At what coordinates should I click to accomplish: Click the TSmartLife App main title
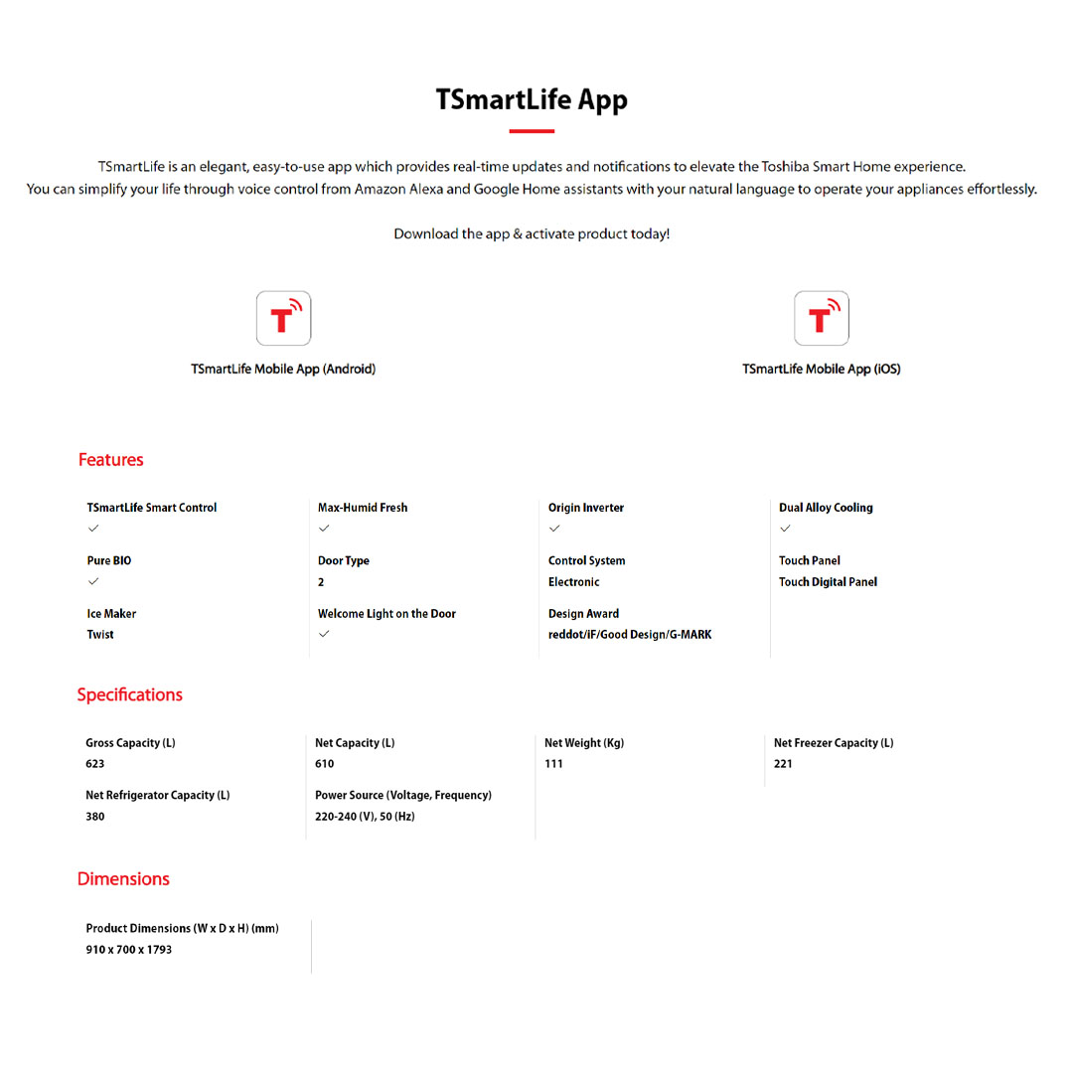tap(532, 100)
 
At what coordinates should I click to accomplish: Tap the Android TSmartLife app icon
tap(283, 318)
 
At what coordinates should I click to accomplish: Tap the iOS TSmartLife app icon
tap(821, 318)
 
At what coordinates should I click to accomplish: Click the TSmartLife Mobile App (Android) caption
tap(283, 369)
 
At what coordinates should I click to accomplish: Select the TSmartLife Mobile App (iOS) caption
tap(821, 369)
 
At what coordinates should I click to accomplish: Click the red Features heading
tap(110, 460)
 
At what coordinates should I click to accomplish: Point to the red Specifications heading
tap(129, 694)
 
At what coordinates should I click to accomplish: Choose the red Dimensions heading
tap(123, 879)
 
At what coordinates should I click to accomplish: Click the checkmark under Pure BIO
tap(93, 581)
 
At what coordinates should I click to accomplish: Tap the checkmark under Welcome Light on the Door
tap(324, 634)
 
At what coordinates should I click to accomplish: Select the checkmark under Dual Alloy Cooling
tap(785, 529)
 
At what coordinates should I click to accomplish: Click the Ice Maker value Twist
tap(100, 634)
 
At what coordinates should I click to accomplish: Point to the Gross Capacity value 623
tap(94, 764)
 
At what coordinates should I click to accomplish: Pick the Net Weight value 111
tap(553, 764)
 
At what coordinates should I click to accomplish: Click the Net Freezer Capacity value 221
tap(783, 764)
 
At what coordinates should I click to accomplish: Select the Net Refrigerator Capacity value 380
tap(94, 817)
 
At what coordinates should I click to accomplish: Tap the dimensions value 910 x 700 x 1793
tap(129, 950)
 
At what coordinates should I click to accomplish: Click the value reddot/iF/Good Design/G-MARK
tap(630, 634)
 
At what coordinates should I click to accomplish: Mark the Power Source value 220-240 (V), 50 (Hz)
tap(365, 817)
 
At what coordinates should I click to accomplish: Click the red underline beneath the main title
tap(532, 130)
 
